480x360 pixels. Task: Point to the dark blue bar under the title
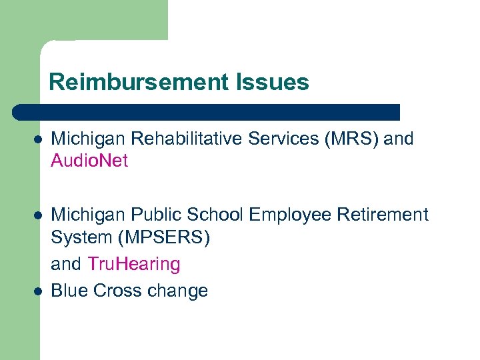[x=207, y=112]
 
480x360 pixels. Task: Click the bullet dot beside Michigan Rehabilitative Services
[x=38, y=140]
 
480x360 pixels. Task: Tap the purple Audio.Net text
[x=89, y=161]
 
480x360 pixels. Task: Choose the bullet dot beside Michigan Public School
[x=38, y=216]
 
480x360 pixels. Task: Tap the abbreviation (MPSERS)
[x=162, y=237]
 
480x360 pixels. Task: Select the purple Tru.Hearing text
[x=133, y=265]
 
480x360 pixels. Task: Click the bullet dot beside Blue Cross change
[x=38, y=291]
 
